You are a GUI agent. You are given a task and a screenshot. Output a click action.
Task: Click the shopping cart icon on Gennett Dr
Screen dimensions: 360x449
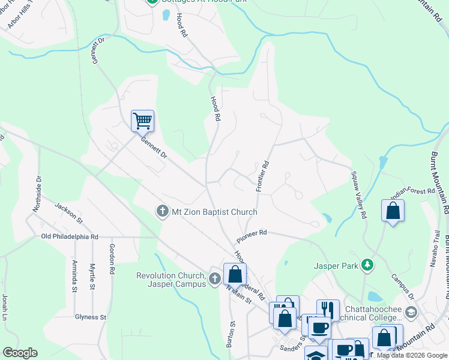pos(143,121)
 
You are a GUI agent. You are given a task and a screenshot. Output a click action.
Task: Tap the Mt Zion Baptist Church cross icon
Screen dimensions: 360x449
pos(161,212)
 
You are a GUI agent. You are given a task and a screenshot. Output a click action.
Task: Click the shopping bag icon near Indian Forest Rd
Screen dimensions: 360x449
pos(393,211)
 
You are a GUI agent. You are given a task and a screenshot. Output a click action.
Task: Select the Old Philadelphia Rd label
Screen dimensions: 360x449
pos(70,236)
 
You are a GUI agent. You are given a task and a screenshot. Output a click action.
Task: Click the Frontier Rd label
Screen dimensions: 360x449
pos(261,176)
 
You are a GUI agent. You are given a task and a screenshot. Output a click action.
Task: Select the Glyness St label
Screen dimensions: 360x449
pos(90,317)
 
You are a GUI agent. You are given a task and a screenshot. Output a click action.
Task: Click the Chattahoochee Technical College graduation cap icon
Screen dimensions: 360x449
pos(411,312)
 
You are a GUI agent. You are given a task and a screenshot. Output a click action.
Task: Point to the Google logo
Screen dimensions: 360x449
pos(20,353)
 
